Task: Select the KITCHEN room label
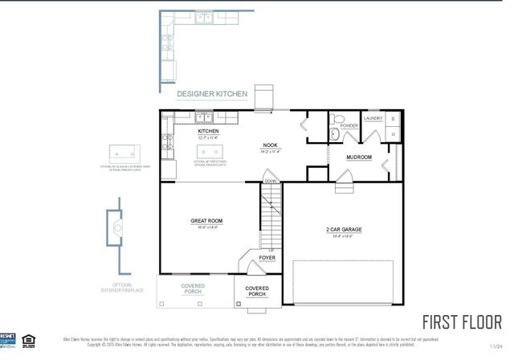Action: [209, 130]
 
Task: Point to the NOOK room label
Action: [269, 145]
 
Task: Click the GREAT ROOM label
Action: [206, 220]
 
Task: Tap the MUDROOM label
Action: [358, 157]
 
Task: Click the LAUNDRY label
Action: [373, 118]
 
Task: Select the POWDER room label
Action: [349, 126]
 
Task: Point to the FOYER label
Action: [267, 258]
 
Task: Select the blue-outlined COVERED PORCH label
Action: [193, 288]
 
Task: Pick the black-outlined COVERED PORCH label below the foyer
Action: [256, 291]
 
